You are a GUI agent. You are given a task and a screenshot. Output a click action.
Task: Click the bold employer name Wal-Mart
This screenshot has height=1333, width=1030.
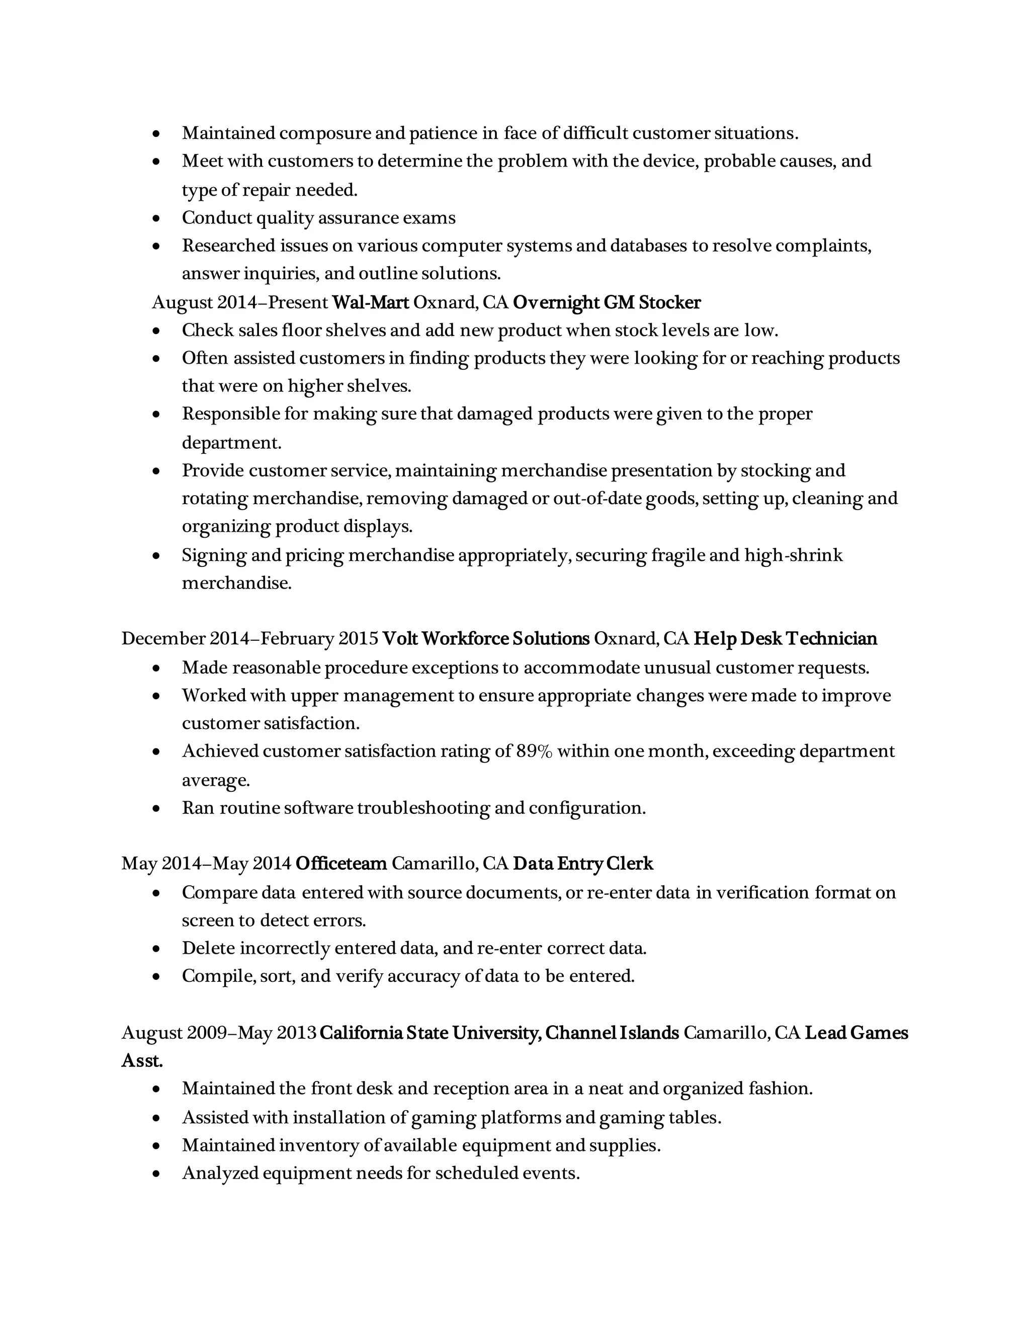(370, 302)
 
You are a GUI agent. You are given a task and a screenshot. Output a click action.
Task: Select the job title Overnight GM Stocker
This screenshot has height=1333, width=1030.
(607, 302)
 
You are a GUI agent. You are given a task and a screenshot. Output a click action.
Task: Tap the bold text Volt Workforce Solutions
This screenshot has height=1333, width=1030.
(486, 638)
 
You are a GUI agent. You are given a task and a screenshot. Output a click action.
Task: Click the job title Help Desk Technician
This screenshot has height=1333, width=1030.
(785, 638)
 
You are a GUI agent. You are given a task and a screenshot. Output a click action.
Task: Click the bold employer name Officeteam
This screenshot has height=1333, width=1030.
(341, 864)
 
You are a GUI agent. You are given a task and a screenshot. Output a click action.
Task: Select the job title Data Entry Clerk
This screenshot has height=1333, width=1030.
(583, 864)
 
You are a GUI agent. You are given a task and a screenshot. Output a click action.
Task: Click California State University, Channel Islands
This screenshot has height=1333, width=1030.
(499, 1033)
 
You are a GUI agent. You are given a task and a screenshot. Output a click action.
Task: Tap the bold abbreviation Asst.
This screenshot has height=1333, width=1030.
(142, 1061)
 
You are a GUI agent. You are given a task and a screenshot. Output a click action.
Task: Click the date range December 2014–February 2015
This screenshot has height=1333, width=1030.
(249, 638)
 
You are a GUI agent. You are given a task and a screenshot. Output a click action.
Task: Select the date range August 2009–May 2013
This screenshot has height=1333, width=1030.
(218, 1033)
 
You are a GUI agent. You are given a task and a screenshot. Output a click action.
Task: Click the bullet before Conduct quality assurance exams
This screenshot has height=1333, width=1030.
(157, 218)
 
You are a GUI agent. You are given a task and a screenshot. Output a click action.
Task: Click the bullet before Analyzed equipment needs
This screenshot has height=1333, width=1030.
(157, 1173)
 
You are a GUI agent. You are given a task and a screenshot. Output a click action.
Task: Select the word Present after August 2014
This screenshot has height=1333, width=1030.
(298, 302)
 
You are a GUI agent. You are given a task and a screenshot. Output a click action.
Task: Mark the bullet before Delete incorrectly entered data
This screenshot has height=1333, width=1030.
(157, 949)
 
